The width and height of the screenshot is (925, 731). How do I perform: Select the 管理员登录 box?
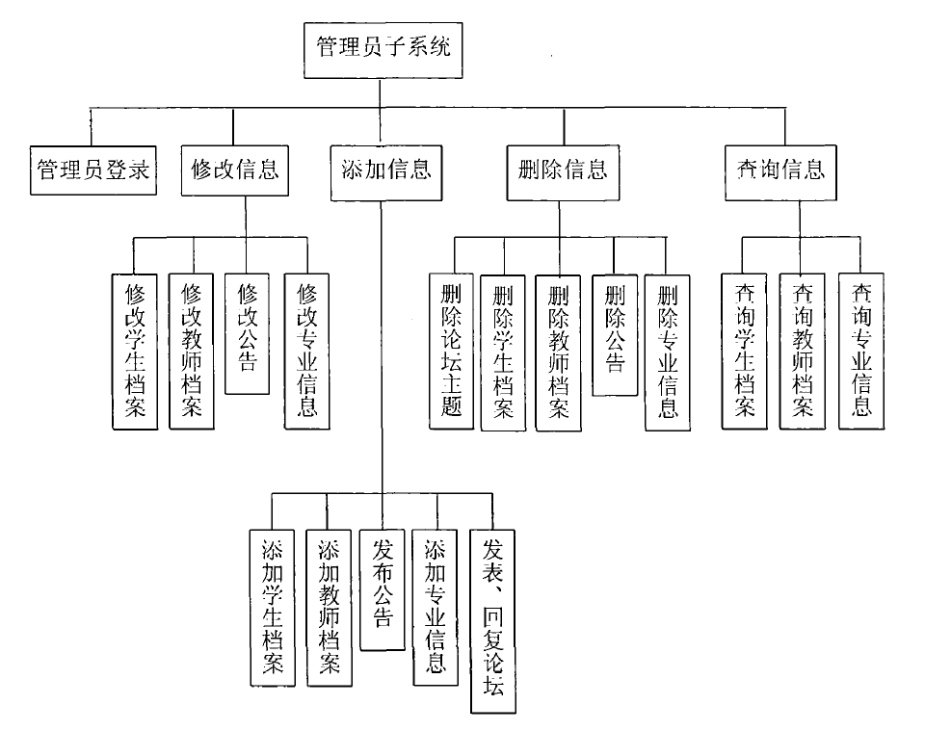point(92,170)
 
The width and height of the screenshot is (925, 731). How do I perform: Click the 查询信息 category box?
point(774,171)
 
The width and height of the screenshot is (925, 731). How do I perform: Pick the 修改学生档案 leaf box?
point(134,351)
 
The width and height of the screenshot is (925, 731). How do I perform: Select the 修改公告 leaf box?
point(247,332)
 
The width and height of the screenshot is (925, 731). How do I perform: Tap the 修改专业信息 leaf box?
point(307,351)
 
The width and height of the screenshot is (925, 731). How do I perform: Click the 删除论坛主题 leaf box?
point(451,351)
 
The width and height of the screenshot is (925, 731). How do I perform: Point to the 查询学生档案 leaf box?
point(745,351)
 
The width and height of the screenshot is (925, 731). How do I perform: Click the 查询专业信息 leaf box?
point(861,351)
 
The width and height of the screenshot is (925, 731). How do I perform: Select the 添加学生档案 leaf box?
point(272,607)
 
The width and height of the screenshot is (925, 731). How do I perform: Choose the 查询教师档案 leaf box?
point(803,351)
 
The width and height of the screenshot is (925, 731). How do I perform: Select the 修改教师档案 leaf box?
point(191,351)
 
